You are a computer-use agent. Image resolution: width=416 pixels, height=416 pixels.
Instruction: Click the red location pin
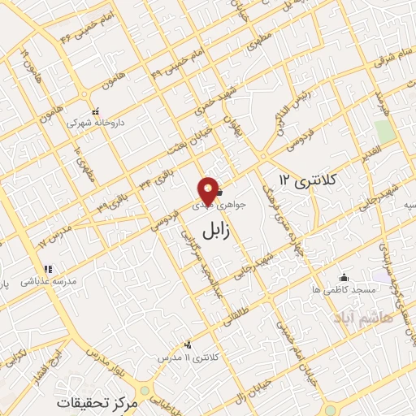pyautogui.click(x=209, y=190)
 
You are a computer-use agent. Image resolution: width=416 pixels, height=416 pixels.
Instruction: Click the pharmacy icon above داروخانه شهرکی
pyautogui.click(x=95, y=111)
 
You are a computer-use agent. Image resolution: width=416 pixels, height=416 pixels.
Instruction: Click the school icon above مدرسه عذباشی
pyautogui.click(x=48, y=269)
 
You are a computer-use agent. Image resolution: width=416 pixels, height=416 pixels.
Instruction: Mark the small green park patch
pyautogui.click(x=384, y=131)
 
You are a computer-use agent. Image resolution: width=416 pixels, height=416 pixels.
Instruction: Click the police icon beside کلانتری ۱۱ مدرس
pyautogui.click(x=188, y=344)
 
